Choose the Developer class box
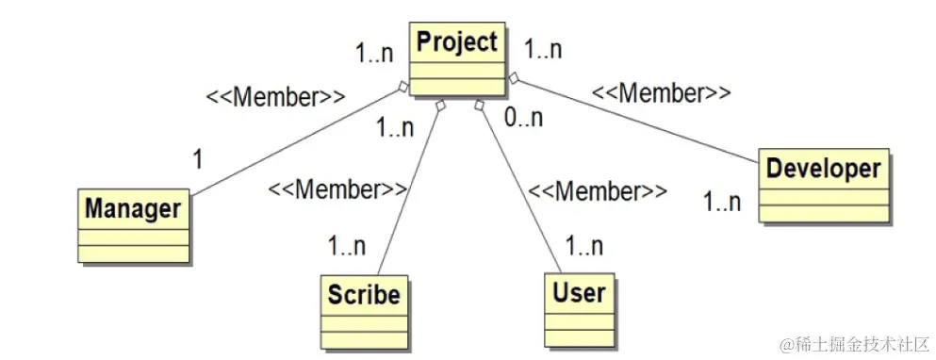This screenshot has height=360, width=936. coord(824,185)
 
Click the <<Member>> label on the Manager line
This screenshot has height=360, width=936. coord(275,96)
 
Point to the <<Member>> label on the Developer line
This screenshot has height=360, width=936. coord(661,93)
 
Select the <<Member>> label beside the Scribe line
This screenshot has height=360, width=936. coord(337,189)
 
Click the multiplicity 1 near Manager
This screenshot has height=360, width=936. coord(197,159)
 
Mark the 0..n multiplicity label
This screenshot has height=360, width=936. coord(523,119)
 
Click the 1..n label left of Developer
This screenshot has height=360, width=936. coord(723,201)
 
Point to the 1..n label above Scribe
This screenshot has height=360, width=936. coord(347,247)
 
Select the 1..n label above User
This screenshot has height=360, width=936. coord(584,247)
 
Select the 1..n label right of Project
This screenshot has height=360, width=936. coord(542,49)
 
